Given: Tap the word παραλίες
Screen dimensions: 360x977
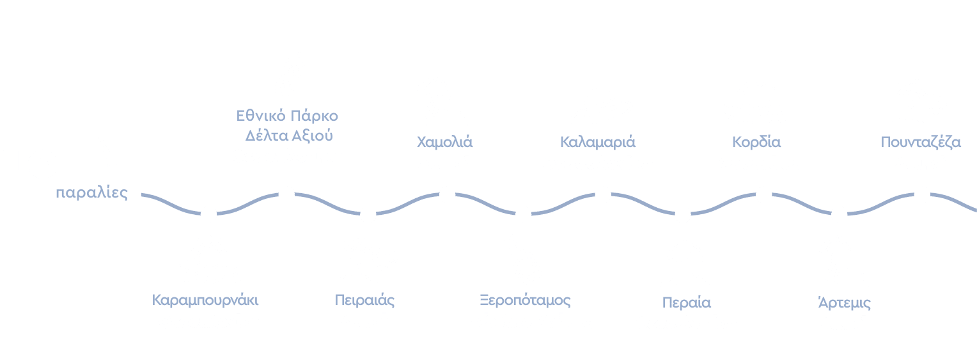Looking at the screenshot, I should [x=92, y=193].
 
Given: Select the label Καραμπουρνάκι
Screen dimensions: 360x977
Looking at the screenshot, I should [x=205, y=300].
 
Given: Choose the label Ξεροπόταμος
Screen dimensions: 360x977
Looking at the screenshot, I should [x=525, y=301].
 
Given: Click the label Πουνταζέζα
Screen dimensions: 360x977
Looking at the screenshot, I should [x=921, y=142].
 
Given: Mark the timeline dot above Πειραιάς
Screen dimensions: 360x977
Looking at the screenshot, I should [x=368, y=215].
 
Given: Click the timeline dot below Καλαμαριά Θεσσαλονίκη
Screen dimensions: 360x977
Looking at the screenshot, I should [x=602, y=194].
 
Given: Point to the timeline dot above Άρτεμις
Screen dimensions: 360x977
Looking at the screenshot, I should [x=839, y=214].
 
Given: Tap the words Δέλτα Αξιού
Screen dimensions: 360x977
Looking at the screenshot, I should [x=289, y=136].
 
